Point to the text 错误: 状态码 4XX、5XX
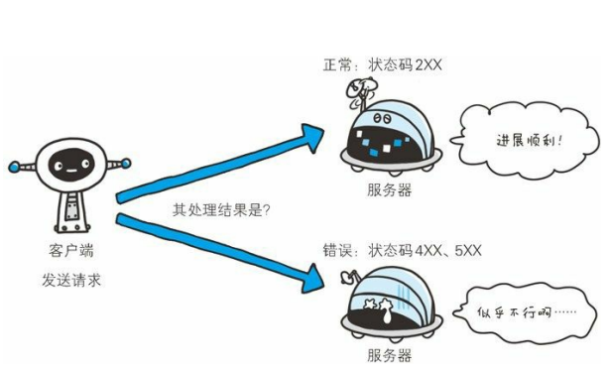pos(398,250)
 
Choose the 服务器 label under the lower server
pos(387,354)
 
